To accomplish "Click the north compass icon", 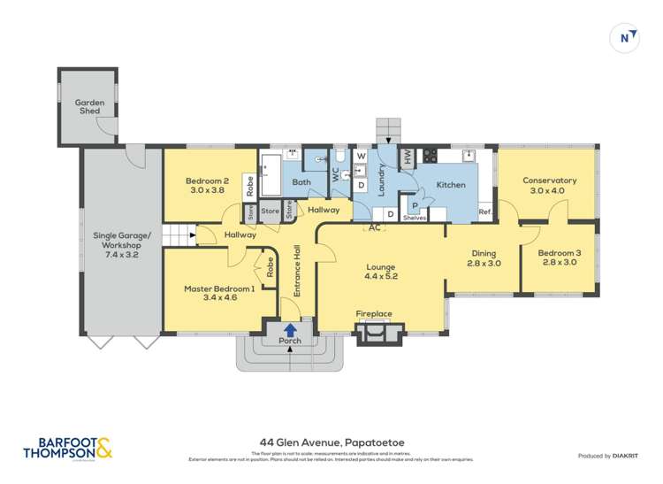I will (x=626, y=37).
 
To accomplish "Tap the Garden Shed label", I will (x=89, y=108).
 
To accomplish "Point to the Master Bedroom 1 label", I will (x=219, y=293).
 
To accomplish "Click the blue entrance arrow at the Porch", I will (x=290, y=329).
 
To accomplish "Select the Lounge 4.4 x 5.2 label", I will (x=381, y=272).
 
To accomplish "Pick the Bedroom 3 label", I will (x=559, y=257).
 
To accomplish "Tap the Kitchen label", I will (x=451, y=185).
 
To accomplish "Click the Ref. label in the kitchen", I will (x=485, y=211).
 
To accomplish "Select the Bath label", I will (x=301, y=183).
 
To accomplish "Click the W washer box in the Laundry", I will (x=361, y=157).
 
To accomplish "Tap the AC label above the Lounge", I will (x=375, y=227).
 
